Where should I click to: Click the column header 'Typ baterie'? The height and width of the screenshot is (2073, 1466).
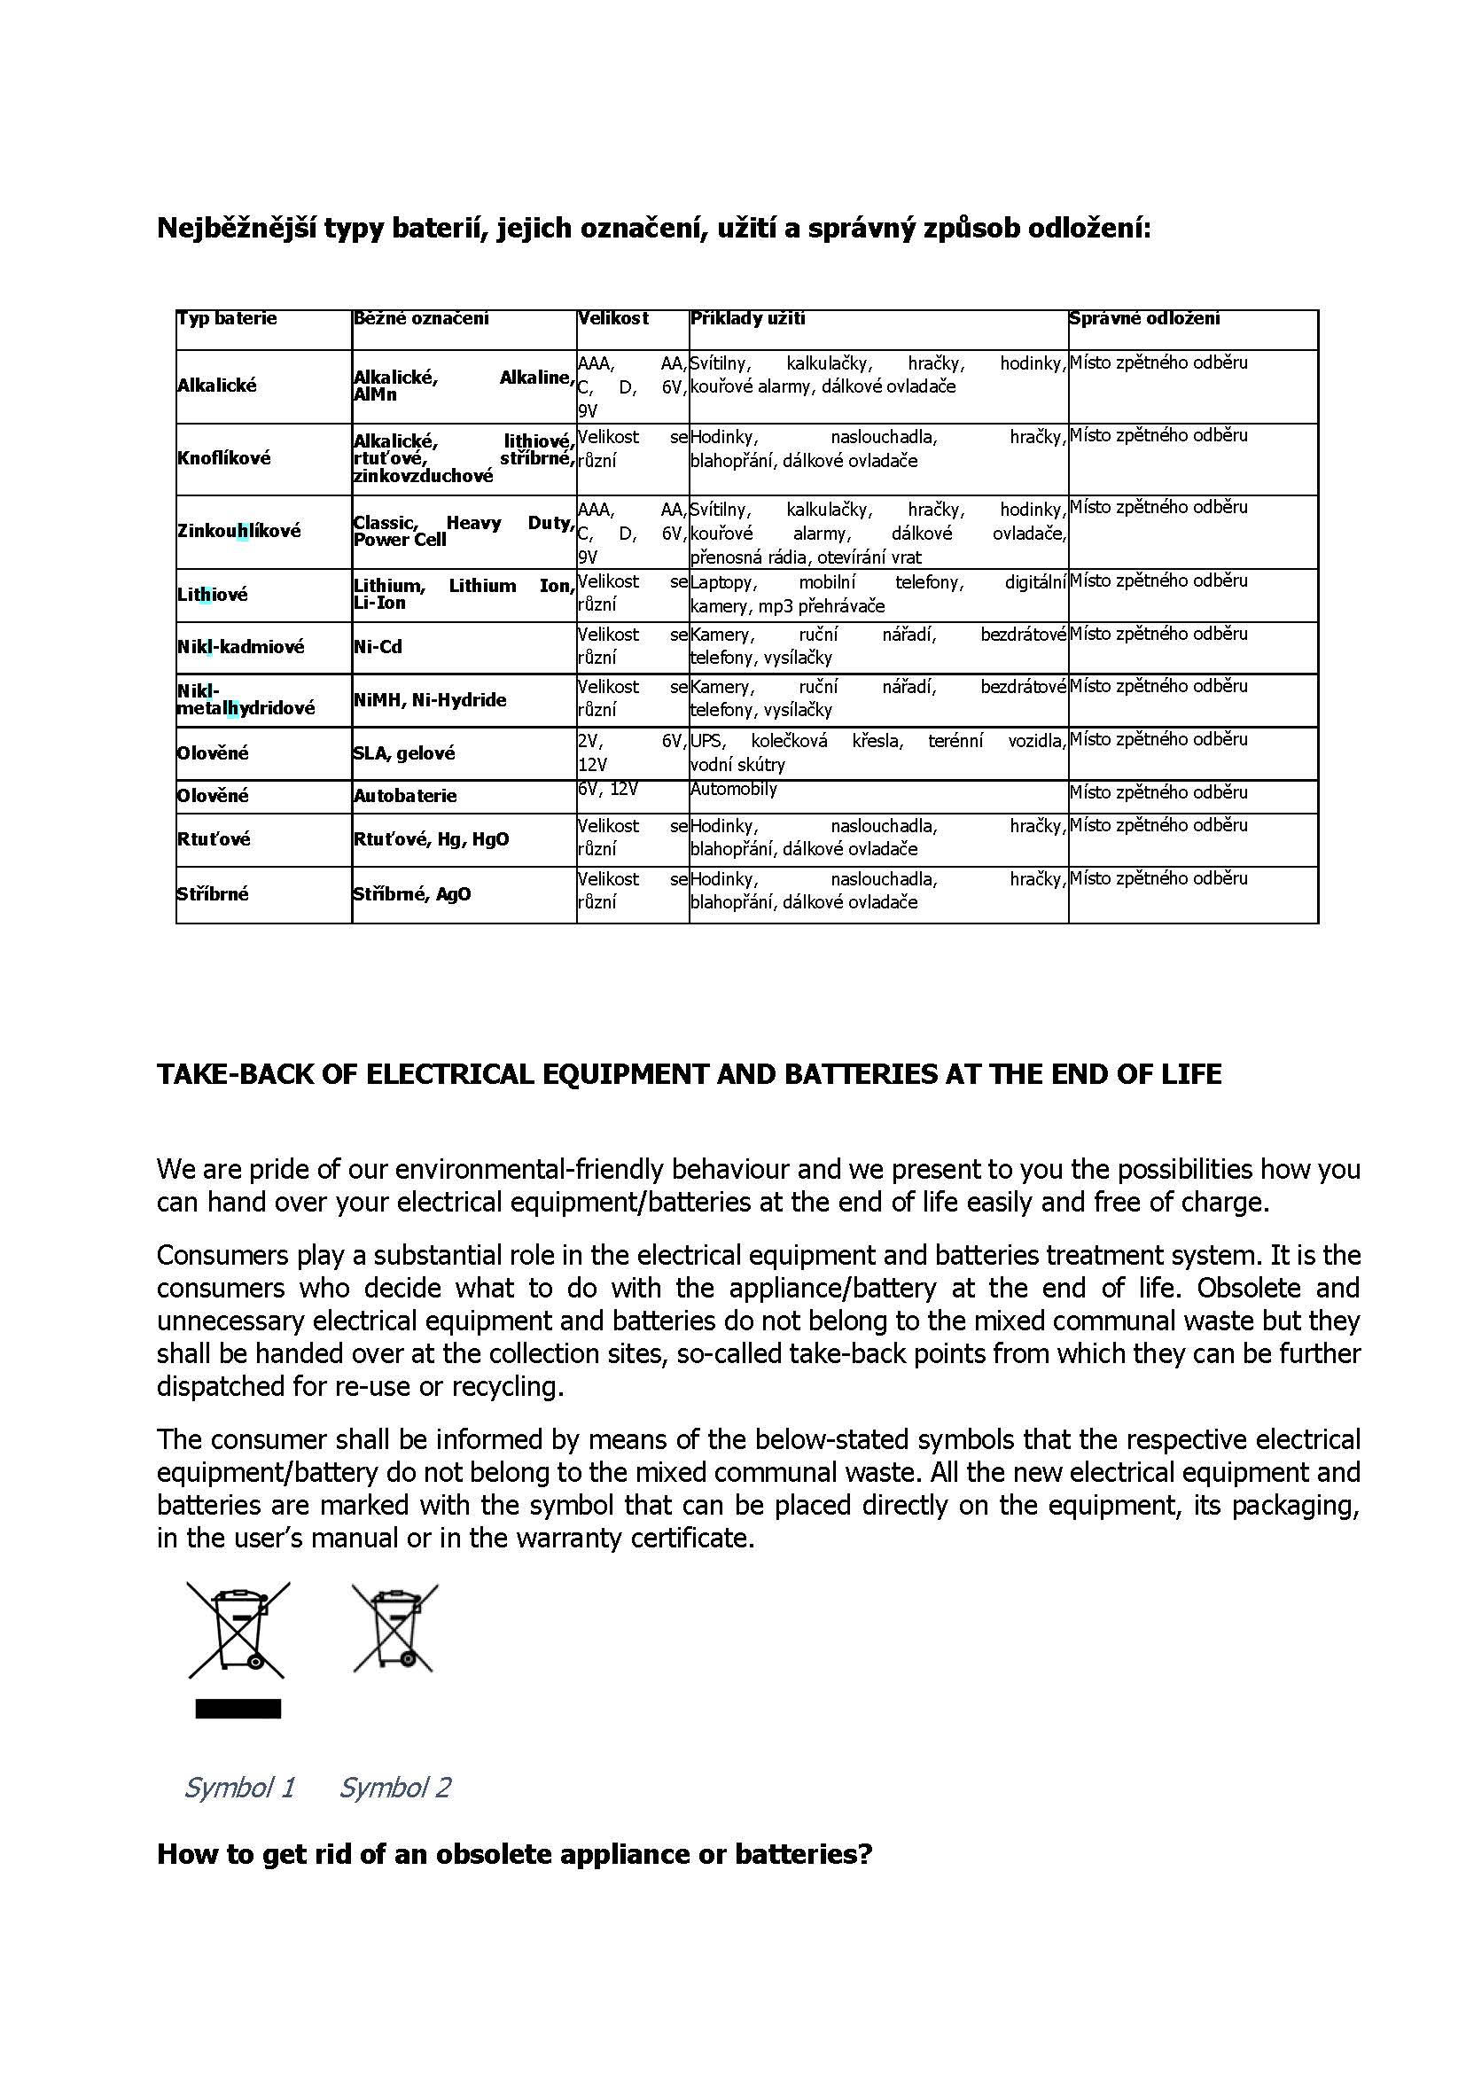[227, 319]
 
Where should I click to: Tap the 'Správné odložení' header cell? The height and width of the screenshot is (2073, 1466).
[1143, 319]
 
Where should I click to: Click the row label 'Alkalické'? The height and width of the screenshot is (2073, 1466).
[216, 386]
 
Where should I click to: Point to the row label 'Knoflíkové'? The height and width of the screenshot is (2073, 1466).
[224, 457]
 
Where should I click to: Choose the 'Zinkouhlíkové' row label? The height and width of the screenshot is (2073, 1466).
[238, 531]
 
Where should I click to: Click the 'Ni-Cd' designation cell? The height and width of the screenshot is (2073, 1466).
[378, 647]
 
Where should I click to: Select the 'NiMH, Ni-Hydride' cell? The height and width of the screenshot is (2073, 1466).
[430, 700]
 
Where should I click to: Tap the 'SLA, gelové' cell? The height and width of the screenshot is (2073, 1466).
[404, 753]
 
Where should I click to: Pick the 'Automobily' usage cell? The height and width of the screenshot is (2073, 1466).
[734, 789]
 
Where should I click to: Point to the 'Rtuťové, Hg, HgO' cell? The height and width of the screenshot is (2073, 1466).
[432, 839]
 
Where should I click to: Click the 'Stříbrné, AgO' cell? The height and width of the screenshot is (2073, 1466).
[411, 894]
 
